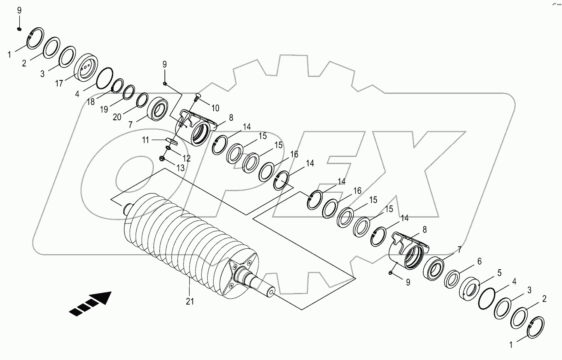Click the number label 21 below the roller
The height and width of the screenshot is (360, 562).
tap(190, 301)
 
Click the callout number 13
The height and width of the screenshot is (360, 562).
tap(181, 168)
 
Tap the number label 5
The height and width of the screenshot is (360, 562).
tap(499, 272)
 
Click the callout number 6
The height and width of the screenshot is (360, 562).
tap(479, 261)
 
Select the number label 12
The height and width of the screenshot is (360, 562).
tap(186, 158)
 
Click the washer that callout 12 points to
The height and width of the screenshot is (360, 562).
tap(168, 148)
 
